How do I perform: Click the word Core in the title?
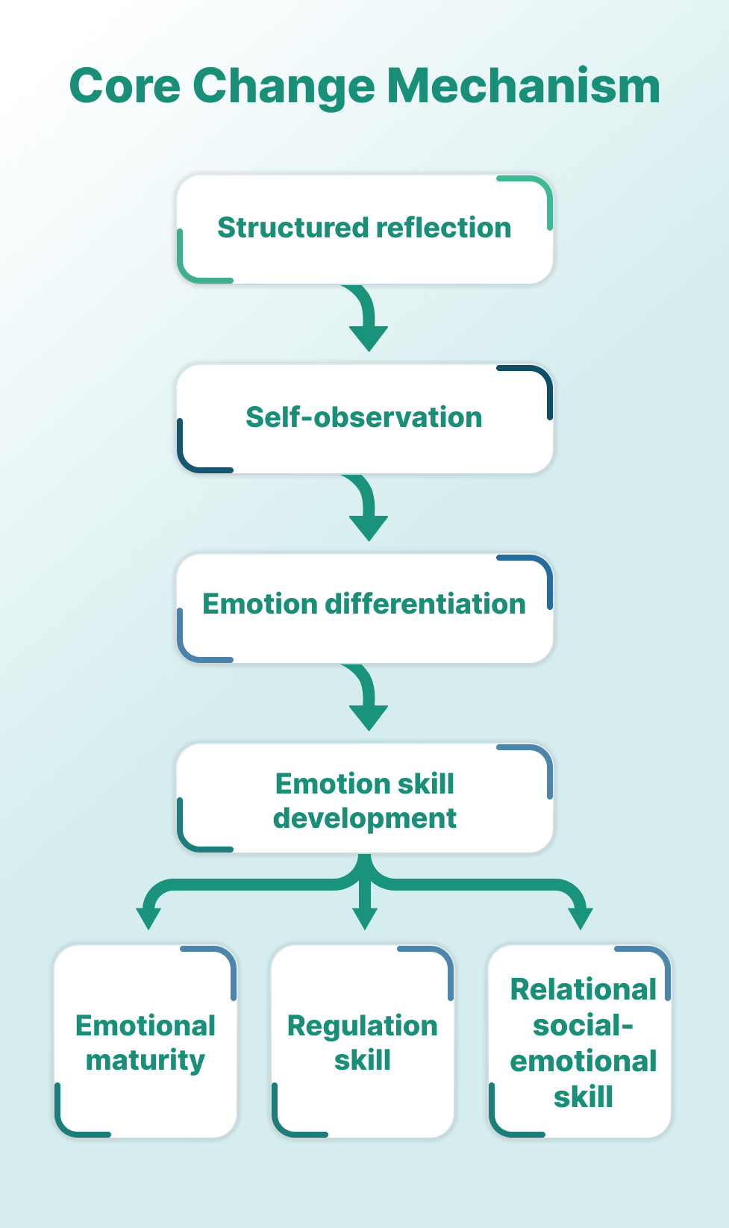click(125, 87)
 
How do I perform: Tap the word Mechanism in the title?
click(523, 87)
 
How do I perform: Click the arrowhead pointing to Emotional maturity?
click(148, 916)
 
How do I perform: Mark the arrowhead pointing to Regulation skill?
click(364, 916)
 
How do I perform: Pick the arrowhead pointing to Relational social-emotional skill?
click(581, 916)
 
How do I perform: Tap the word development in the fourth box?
click(364, 818)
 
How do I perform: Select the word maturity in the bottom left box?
click(146, 1061)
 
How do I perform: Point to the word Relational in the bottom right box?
click(583, 989)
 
